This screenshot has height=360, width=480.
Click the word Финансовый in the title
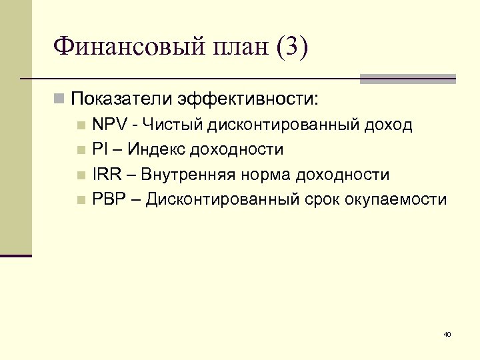pos(123,48)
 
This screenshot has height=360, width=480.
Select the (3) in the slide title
pos(290,48)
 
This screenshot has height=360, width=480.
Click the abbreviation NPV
pos(109,125)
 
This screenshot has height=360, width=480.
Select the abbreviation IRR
pos(107,175)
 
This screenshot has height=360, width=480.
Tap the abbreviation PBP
pos(109,199)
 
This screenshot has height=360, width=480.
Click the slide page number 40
pos(447,333)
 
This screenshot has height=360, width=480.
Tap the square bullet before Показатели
pos(60,100)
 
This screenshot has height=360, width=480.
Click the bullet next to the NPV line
pos(81,125)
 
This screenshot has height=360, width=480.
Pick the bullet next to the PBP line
pos(81,200)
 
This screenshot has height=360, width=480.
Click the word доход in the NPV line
pos(390,125)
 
